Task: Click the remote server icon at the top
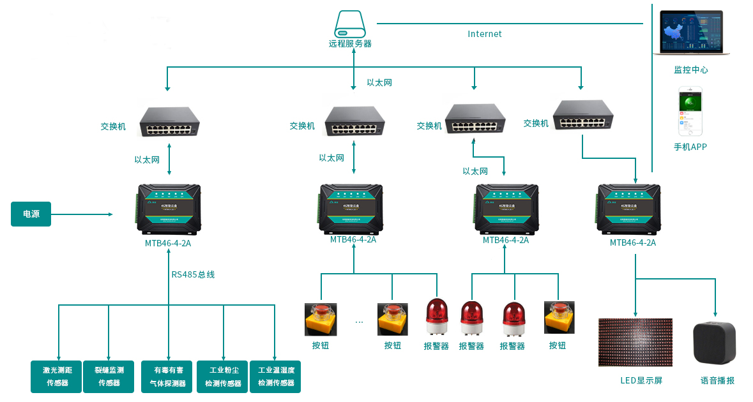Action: (x=350, y=24)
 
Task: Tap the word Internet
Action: (x=485, y=34)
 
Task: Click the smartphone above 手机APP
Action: (x=690, y=111)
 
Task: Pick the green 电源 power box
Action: (x=31, y=214)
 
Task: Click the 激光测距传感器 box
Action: (x=57, y=376)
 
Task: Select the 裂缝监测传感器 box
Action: (x=109, y=376)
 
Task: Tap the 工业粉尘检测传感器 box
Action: (x=223, y=376)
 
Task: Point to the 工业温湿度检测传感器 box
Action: (x=275, y=376)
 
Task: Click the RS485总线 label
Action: (x=193, y=274)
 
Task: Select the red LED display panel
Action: (x=635, y=343)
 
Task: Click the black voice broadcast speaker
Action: (x=715, y=343)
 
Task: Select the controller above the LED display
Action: (x=628, y=209)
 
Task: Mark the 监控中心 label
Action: (x=690, y=70)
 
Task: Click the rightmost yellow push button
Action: (x=559, y=317)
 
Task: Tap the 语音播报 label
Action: (x=717, y=380)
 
